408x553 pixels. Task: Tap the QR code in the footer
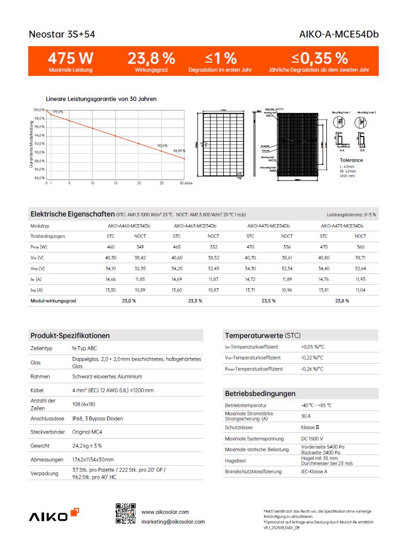pyautogui.click(x=126, y=513)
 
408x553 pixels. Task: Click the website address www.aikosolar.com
pyautogui.click(x=165, y=512)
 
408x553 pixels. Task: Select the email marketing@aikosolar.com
pyautogui.click(x=173, y=522)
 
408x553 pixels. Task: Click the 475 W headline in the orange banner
pyautogui.click(x=70, y=57)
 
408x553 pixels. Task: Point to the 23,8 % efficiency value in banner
pyautogui.click(x=151, y=57)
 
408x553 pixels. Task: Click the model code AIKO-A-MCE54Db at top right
pyautogui.click(x=339, y=35)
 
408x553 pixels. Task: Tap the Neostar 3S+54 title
pyautogui.click(x=62, y=35)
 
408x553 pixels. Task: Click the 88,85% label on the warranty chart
pyautogui.click(x=179, y=151)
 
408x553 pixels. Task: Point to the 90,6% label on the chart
pyautogui.click(x=162, y=146)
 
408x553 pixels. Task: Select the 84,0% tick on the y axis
pyautogui.click(x=39, y=178)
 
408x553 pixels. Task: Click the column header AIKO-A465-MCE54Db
pyautogui.click(x=195, y=226)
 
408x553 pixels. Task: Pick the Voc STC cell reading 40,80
pyautogui.click(x=323, y=258)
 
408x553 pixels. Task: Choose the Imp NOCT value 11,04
pyautogui.click(x=360, y=290)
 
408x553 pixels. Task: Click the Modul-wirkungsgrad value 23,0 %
pyautogui.click(x=129, y=301)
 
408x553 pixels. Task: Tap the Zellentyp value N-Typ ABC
pyautogui.click(x=85, y=348)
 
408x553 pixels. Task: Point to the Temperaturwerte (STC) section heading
pyautogui.click(x=263, y=335)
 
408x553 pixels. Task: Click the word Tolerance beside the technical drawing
pyautogui.click(x=351, y=160)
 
